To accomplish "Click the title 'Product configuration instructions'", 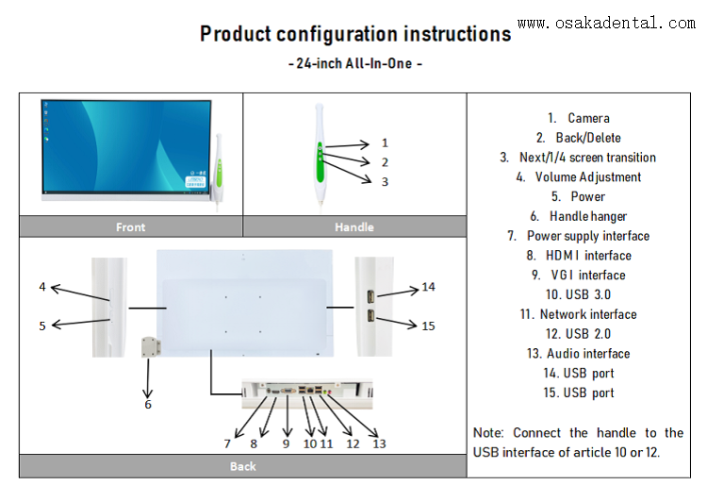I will [x=354, y=35].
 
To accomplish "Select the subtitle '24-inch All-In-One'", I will [x=353, y=64].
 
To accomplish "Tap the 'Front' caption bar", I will [x=131, y=226].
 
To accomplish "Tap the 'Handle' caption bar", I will [x=354, y=226].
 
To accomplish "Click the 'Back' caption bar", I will [x=242, y=466].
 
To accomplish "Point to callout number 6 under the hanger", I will [x=148, y=404].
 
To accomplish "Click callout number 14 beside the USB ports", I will [x=428, y=287].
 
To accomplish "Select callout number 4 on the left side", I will [x=42, y=286].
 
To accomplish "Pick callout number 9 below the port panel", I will [x=287, y=443].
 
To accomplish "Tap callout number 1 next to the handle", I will [x=385, y=142].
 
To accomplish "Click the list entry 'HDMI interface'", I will [x=579, y=256].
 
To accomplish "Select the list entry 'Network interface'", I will [x=579, y=314].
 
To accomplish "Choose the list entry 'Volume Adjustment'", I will [x=579, y=177].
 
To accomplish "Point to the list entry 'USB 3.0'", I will [x=579, y=294].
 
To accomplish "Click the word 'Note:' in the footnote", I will [x=489, y=433].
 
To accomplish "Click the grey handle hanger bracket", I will [x=148, y=347].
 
